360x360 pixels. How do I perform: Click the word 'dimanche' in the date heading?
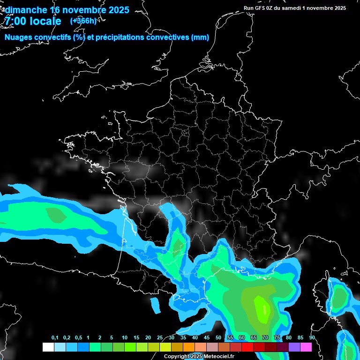(25, 10)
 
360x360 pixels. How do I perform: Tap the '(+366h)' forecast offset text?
(83, 21)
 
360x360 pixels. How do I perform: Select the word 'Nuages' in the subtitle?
(19, 37)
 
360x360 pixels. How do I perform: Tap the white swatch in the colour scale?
(48, 347)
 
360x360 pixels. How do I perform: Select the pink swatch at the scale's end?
(306, 347)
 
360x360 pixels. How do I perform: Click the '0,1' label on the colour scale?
(55, 338)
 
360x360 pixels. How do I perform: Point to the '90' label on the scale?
(312, 338)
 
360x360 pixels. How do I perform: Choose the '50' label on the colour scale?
(218, 338)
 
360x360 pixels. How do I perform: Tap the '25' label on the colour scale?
(160, 338)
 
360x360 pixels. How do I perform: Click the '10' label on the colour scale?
(125, 338)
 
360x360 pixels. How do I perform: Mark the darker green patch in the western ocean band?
(56, 215)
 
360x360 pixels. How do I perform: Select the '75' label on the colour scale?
(277, 338)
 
